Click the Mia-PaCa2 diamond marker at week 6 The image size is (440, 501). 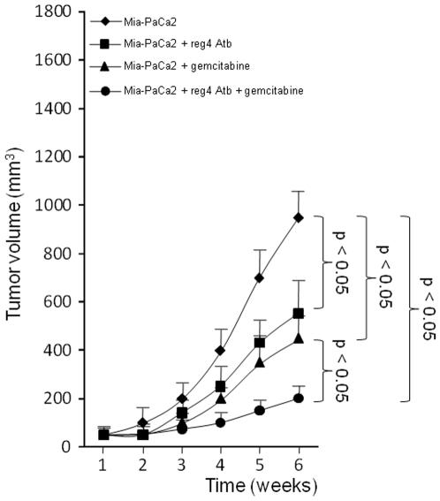pos(298,216)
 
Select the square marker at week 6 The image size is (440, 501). pos(298,313)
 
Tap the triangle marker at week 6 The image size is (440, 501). pos(298,338)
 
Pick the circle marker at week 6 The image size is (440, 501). pos(298,398)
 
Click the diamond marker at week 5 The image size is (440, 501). pos(260,277)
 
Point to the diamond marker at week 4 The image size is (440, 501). pos(221,350)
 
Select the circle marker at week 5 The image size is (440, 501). pos(260,410)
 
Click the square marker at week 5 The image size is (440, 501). pos(260,342)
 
